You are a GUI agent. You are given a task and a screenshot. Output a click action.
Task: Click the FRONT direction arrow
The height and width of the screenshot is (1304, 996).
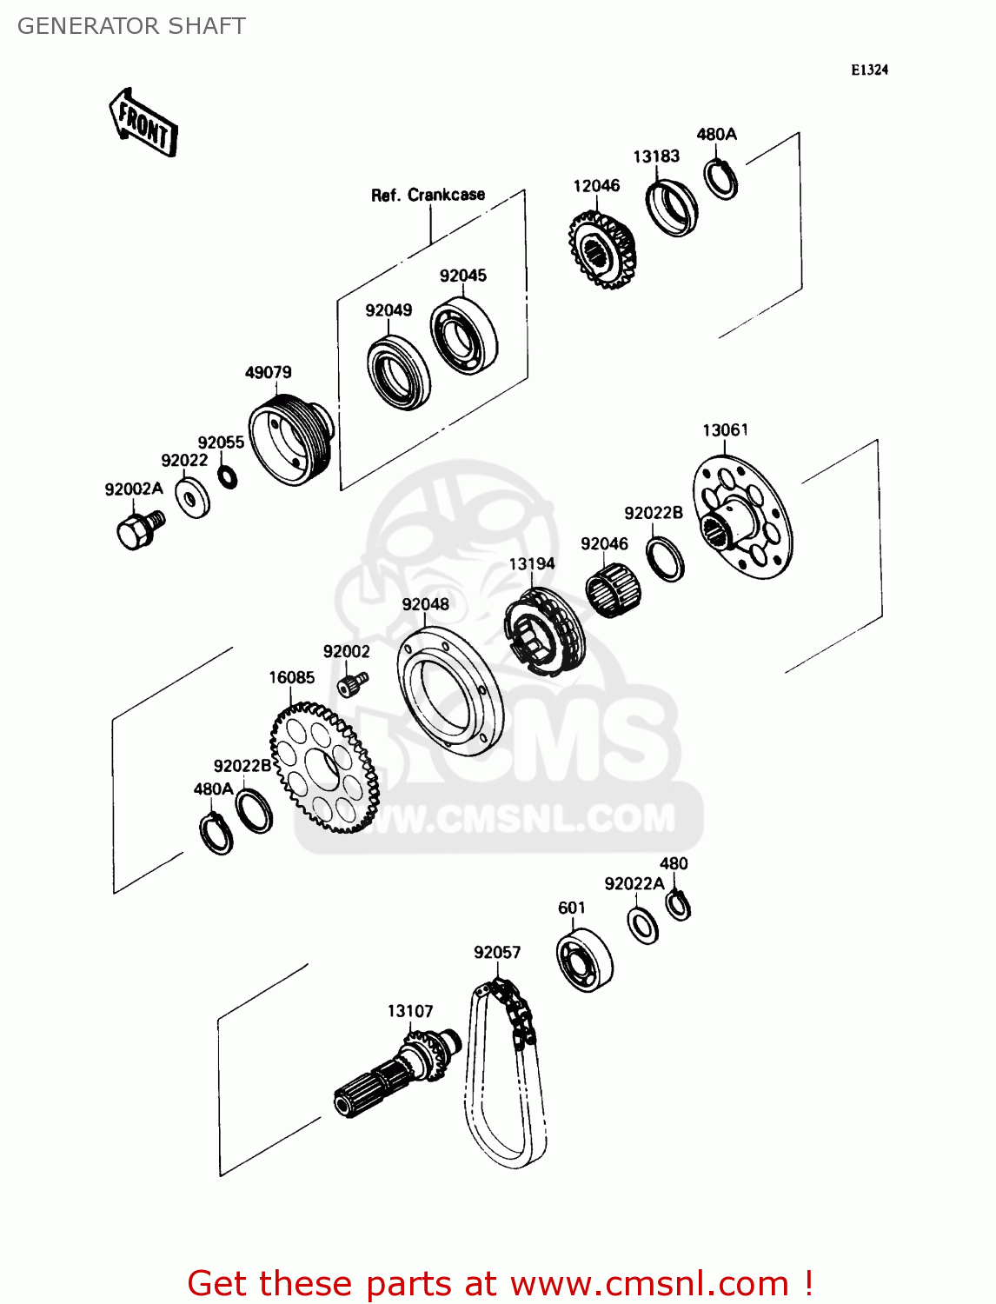coord(143,123)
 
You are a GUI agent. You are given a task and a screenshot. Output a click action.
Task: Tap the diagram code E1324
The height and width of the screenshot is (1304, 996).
coord(869,70)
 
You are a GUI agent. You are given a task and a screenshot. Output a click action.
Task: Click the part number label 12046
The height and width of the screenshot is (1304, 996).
coord(596,186)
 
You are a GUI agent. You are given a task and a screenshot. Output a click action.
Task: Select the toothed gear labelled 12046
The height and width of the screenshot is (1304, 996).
coord(601,249)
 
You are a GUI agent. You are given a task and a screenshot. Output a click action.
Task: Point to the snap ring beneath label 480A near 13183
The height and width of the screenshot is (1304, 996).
coord(720,179)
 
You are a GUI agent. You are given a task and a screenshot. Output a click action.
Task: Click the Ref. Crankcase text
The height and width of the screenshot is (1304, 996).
coord(428,195)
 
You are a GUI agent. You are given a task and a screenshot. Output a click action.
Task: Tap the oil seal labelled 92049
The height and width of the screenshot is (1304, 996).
coord(399,373)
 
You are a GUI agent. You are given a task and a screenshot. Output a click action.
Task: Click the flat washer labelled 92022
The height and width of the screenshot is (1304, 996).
coord(192,497)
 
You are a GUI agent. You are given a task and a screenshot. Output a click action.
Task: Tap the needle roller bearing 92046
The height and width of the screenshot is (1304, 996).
coord(614,590)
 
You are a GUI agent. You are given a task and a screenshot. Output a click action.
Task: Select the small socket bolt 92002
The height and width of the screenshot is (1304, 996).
coord(353,684)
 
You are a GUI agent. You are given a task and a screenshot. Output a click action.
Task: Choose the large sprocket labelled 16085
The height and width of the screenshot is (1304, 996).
coord(324,767)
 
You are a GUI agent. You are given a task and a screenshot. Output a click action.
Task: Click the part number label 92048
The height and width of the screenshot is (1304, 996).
coord(425,604)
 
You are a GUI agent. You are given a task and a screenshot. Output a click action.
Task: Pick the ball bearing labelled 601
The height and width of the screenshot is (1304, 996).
coord(584,960)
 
